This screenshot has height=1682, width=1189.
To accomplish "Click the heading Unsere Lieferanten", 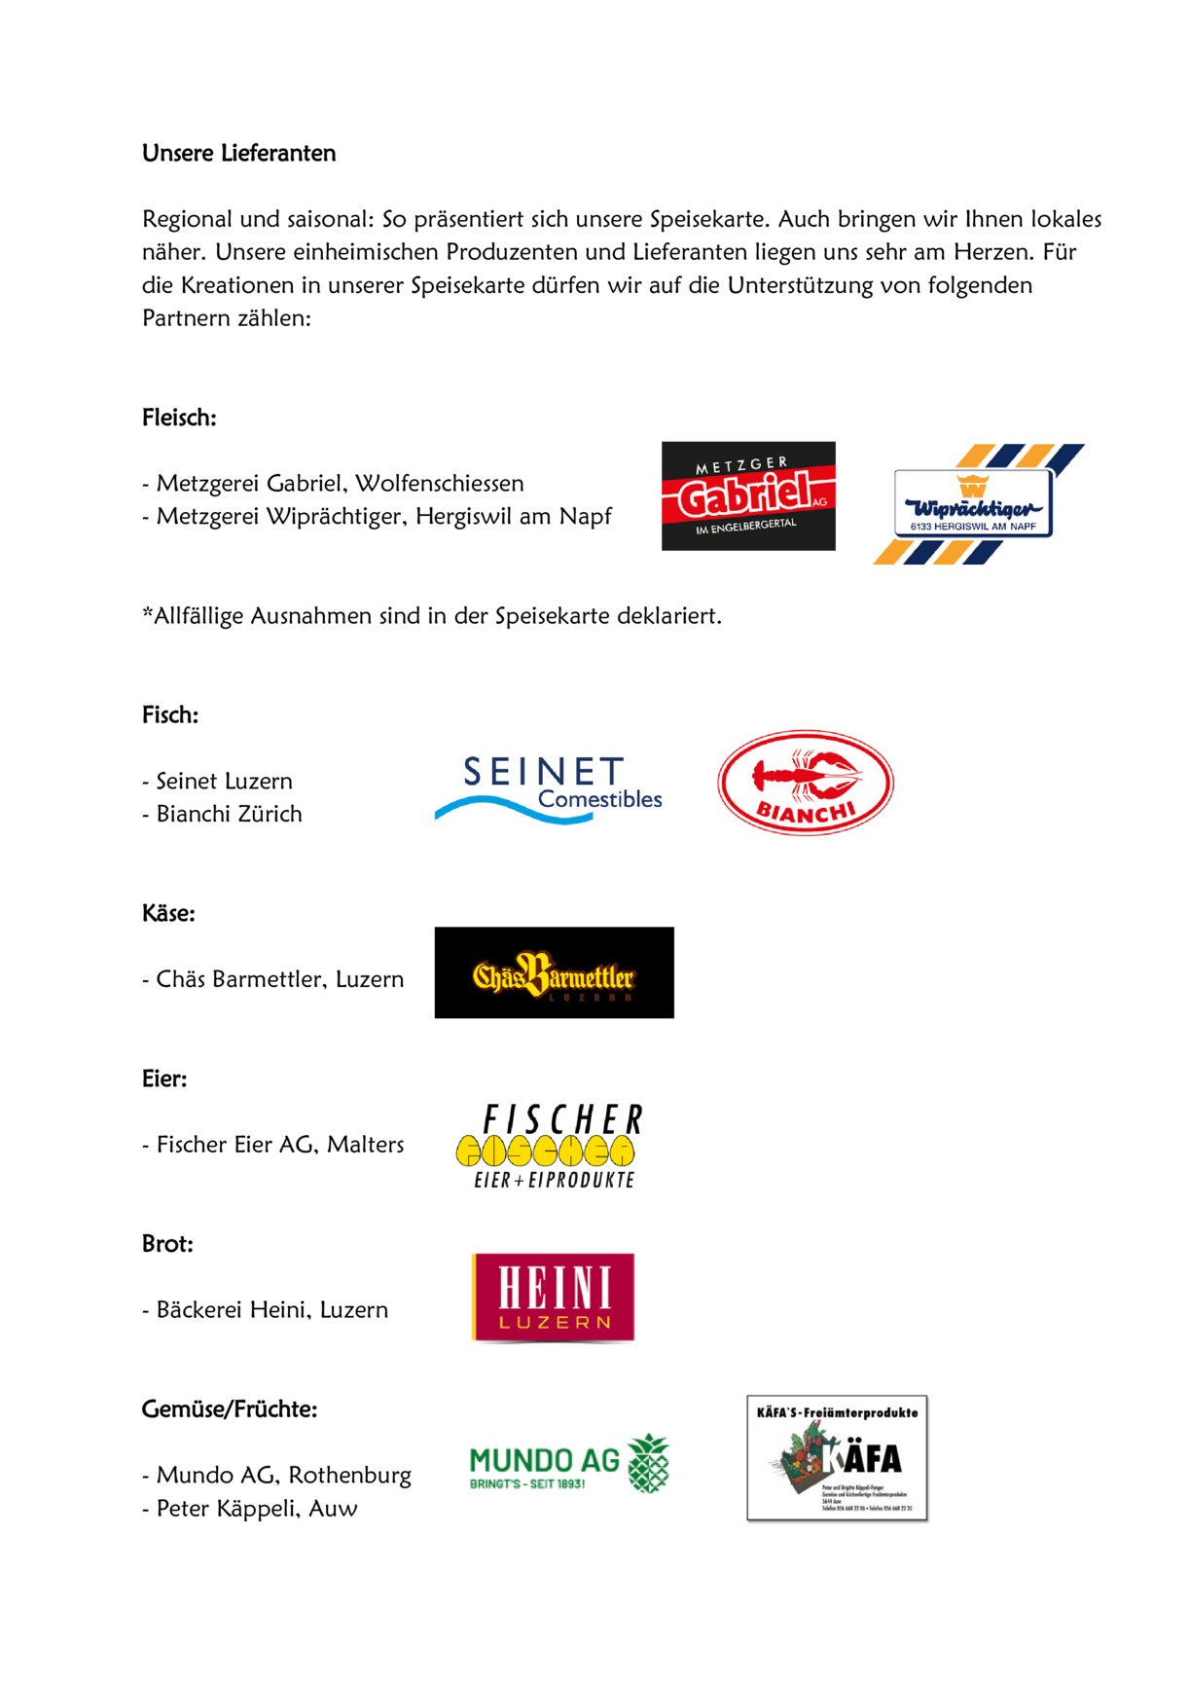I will (x=238, y=153).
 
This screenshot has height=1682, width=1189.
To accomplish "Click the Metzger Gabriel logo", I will (x=748, y=495).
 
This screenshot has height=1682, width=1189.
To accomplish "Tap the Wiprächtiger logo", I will (x=976, y=504).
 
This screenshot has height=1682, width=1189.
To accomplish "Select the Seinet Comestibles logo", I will (x=549, y=789).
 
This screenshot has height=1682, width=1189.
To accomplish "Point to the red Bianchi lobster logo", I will (x=806, y=783).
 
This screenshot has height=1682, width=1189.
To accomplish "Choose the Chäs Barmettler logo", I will (x=554, y=972).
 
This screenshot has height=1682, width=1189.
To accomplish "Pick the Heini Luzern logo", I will (x=553, y=1298).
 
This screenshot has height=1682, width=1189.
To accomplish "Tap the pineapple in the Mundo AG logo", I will (x=649, y=1463).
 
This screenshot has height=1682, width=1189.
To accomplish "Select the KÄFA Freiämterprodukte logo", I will (x=837, y=1457).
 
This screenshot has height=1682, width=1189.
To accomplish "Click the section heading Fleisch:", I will (x=179, y=418).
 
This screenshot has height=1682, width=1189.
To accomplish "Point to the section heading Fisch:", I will (x=170, y=714).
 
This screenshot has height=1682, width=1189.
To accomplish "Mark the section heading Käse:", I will (x=168, y=913).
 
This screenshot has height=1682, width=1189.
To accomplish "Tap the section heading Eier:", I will (x=164, y=1079).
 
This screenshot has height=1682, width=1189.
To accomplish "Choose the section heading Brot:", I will (x=167, y=1244).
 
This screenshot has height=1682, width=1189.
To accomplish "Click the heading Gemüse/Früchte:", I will (x=230, y=1408).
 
